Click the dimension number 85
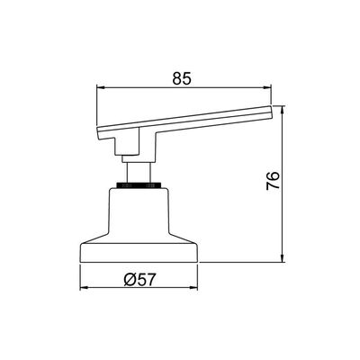pos(182,78)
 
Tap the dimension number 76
pos(273,181)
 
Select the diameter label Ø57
pos(140,280)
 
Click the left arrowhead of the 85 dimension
pos(100,87)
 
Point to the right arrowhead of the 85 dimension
pos(267,87)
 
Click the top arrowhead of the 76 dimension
pos(282,110)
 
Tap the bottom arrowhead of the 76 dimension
pos(282,258)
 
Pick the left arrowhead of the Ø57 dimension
pos(84,288)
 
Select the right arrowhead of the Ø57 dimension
pos(194,288)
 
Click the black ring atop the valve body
pos(139,185)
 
